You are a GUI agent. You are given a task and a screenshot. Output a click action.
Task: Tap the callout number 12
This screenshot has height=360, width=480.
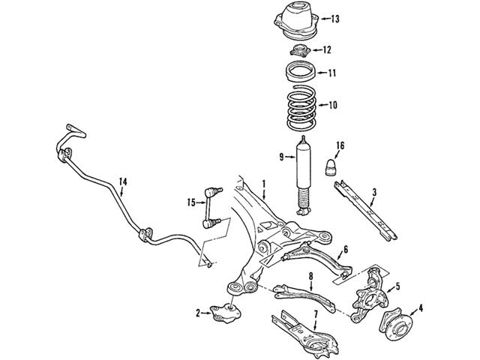pyautogui.click(x=326, y=50)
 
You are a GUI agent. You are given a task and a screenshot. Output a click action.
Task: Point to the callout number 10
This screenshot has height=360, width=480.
pyautogui.click(x=333, y=105)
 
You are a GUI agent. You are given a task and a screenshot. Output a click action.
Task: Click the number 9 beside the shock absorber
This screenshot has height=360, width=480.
pyautogui.click(x=281, y=157)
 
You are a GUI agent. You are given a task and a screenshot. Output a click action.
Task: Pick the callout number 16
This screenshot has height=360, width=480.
pyautogui.click(x=340, y=145)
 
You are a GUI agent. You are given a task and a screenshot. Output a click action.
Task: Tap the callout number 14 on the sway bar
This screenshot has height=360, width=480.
pyautogui.click(x=122, y=181)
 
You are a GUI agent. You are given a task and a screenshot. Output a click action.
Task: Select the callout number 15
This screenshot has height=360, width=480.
pyautogui.click(x=190, y=201)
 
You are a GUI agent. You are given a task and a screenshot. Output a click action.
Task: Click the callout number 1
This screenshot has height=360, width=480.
pyautogui.click(x=263, y=184)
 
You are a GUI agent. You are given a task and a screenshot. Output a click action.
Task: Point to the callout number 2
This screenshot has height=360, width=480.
pyautogui.click(x=198, y=312)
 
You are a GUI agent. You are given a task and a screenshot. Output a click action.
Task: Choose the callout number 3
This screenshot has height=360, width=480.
pyautogui.click(x=373, y=192)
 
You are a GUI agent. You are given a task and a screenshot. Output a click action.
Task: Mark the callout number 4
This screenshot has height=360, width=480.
pyautogui.click(x=421, y=307)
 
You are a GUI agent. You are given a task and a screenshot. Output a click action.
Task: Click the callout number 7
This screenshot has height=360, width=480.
pyautogui.click(x=316, y=313)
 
